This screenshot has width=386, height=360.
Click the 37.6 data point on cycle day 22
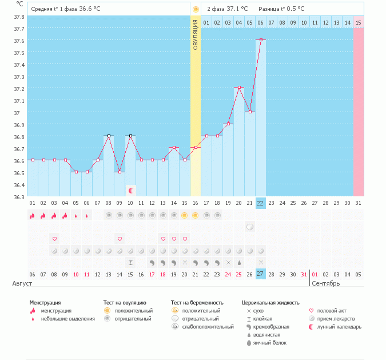point(261,39)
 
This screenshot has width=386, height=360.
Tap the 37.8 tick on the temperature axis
point(19,17)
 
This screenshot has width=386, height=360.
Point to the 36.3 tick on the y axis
point(19,197)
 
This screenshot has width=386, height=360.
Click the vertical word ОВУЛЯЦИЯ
point(195,34)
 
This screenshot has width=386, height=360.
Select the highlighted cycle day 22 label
point(261,203)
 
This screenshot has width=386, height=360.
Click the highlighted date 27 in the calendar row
point(261,274)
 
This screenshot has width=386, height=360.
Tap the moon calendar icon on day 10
point(131,190)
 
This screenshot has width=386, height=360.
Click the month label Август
point(22,283)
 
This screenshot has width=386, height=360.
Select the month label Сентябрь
point(326,283)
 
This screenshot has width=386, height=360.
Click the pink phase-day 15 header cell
point(358,22)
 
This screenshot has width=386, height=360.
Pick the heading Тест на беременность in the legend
point(197,302)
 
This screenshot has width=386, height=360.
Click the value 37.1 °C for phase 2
point(237,9)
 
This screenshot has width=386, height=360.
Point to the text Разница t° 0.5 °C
point(281,9)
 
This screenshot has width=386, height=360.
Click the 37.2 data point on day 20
point(239,88)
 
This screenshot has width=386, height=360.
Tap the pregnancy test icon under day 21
point(250,227)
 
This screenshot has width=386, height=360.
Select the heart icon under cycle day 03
point(54,239)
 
